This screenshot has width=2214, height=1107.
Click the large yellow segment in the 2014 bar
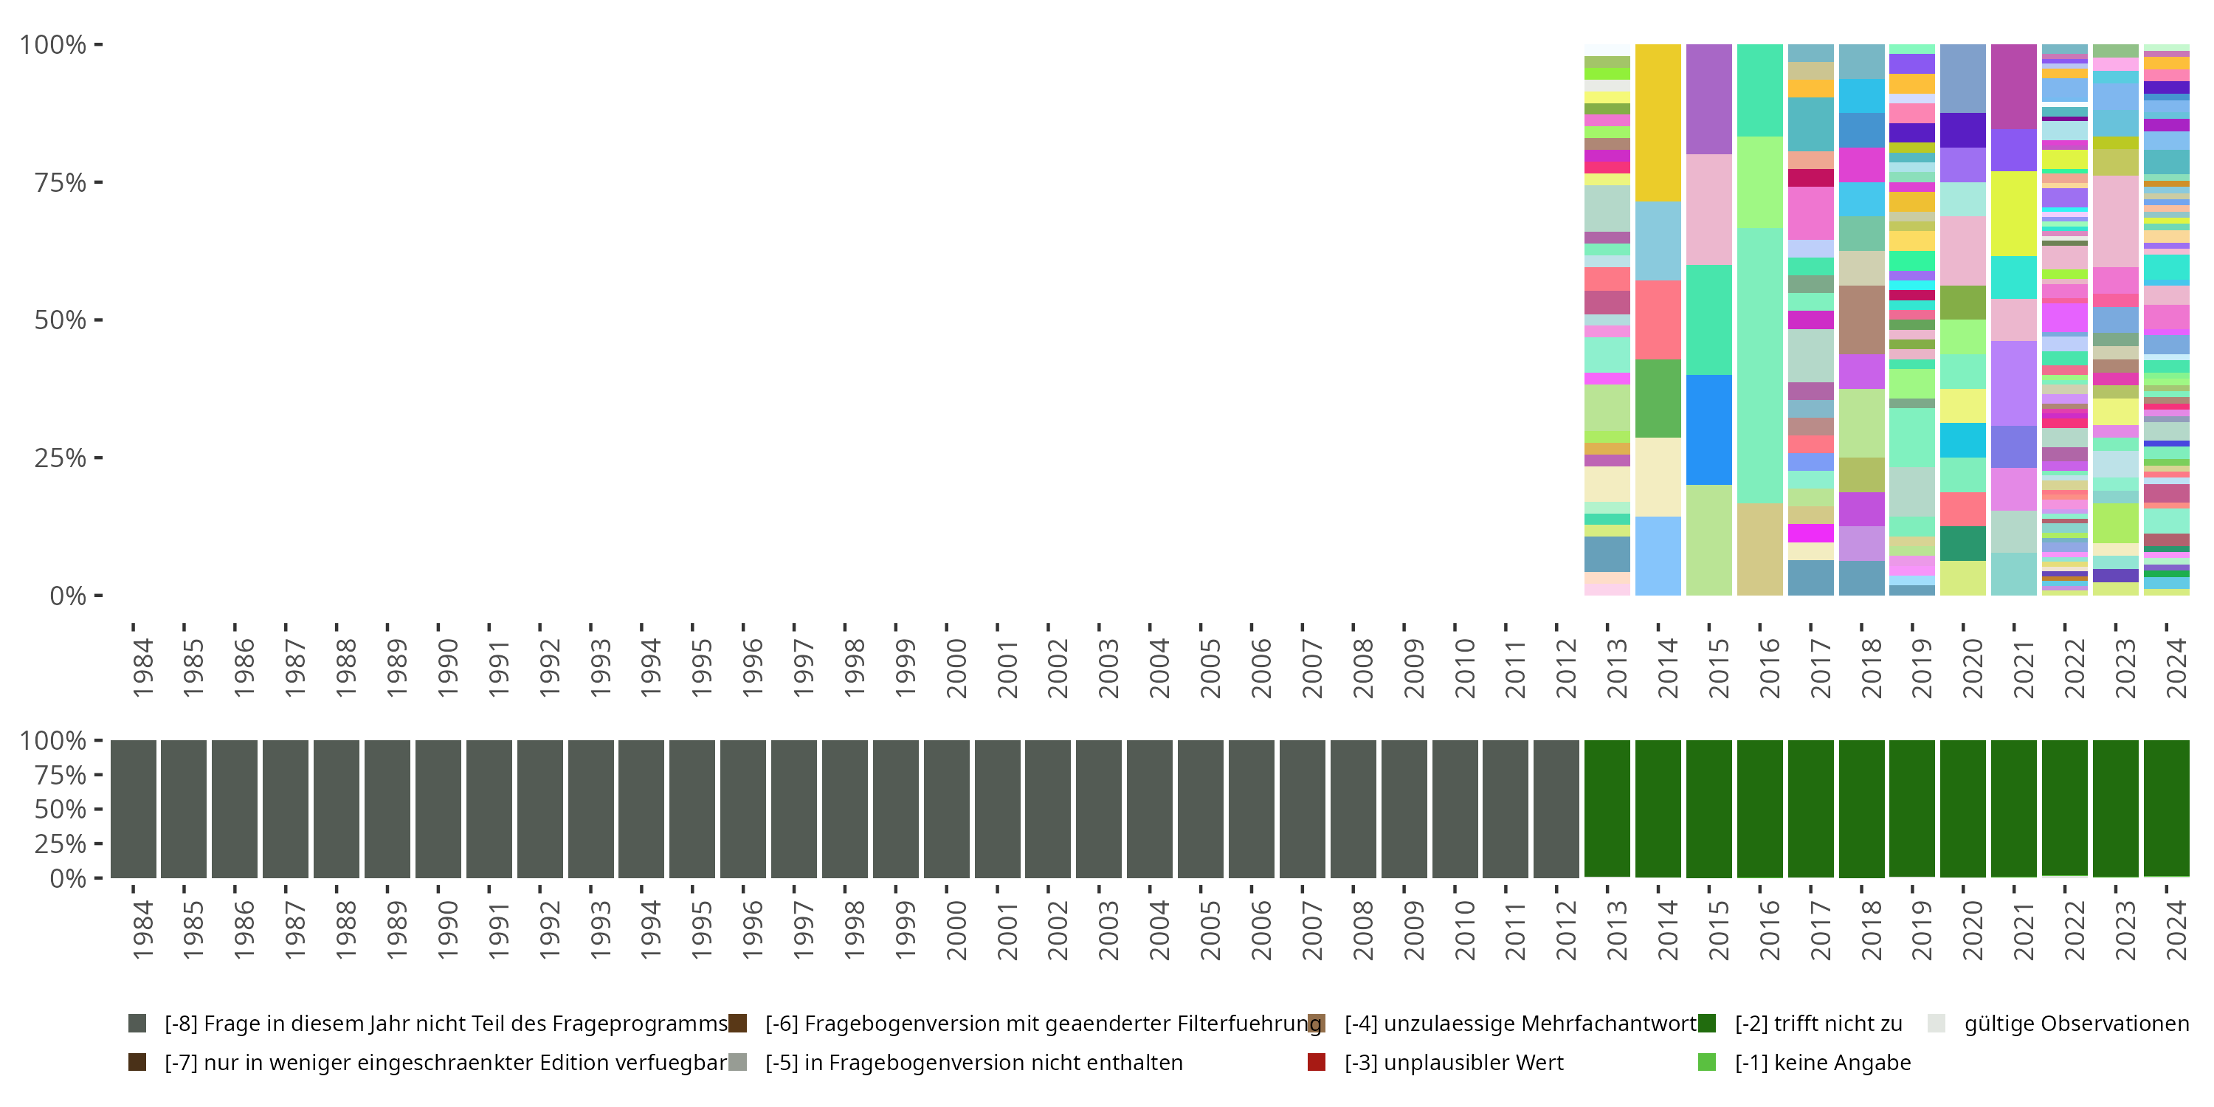click(x=1658, y=123)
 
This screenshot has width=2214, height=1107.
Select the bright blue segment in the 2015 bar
click(x=1708, y=430)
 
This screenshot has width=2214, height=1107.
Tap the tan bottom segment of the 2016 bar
click(x=1759, y=549)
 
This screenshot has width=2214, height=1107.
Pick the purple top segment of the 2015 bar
click(x=1708, y=99)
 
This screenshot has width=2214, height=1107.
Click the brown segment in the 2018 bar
click(x=1862, y=320)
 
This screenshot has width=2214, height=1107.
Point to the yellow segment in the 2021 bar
click(x=2014, y=213)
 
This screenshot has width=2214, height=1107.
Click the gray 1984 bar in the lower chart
click(x=134, y=809)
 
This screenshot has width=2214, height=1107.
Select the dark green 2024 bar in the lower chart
click(x=2166, y=808)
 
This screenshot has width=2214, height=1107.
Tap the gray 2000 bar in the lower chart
click(x=946, y=809)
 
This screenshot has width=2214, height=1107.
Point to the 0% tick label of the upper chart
click(x=68, y=596)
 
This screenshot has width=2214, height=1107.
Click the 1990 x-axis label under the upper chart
click(x=447, y=668)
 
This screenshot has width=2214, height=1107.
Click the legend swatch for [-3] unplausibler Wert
click(x=1316, y=1062)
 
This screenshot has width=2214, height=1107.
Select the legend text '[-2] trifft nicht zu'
click(x=1818, y=1024)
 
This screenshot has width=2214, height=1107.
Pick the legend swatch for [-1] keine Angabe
click(x=1707, y=1062)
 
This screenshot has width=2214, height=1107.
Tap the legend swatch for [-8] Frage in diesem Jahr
click(x=137, y=1024)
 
